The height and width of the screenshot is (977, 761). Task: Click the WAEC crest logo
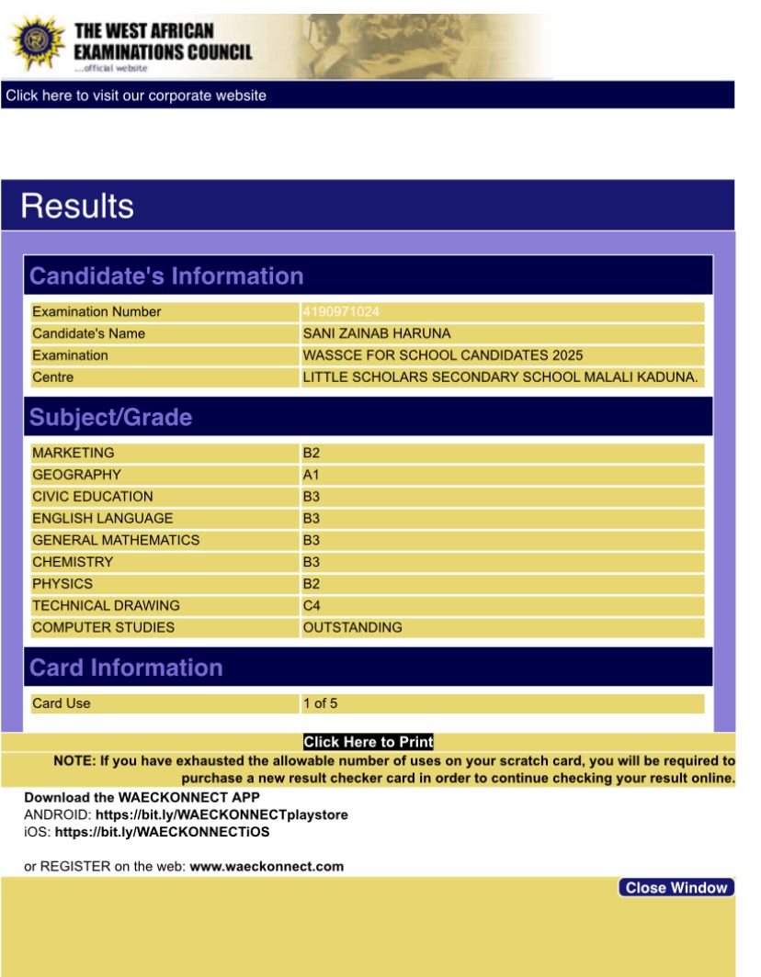coord(37,43)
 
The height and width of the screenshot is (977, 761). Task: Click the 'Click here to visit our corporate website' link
coord(136,95)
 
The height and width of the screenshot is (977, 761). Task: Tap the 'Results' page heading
coord(77,206)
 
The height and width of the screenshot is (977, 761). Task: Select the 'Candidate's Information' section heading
coord(166,276)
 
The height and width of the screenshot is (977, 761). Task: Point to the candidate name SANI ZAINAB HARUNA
coord(377,333)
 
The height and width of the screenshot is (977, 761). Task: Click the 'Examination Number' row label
coord(97,312)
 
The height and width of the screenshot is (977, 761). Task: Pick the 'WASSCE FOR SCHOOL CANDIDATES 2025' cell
coord(443,355)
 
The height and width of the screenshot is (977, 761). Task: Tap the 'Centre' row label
coord(52,377)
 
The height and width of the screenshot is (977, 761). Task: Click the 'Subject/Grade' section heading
coord(111,418)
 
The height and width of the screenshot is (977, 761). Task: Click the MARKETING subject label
coord(74,453)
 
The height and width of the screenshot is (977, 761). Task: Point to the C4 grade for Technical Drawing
coord(312,606)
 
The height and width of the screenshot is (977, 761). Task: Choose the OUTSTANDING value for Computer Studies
coord(352,628)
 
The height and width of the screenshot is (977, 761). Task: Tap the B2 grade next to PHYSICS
coord(312,584)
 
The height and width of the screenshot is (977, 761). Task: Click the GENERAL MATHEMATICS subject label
coord(116,540)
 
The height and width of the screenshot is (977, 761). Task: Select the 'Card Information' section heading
coord(126,668)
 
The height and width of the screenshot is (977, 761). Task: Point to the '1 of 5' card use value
coord(321,704)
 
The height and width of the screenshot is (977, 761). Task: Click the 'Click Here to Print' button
coord(368,742)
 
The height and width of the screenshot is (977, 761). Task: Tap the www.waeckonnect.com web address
coord(267,866)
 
